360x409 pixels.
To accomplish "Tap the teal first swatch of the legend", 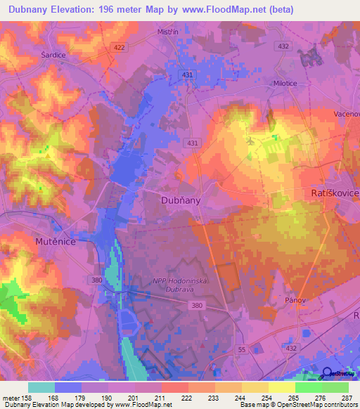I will click(x=41, y=387).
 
